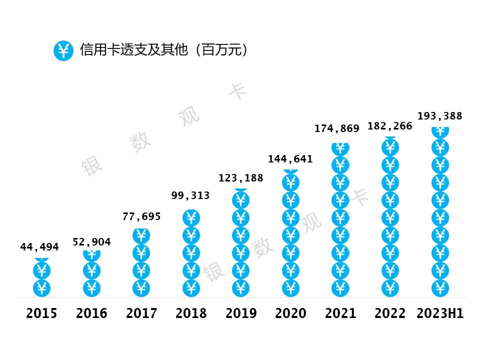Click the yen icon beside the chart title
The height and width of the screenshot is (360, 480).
63,50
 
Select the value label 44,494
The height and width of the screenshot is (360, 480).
39,247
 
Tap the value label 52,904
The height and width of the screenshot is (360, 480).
91,242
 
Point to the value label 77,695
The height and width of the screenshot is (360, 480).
141,216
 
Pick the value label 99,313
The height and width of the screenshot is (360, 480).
190,195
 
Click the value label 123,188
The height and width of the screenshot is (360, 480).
240,177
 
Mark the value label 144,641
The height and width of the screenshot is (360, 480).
290,159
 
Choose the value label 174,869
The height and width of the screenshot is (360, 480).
337,128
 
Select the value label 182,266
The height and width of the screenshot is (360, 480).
390,126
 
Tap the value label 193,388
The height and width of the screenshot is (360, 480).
440,116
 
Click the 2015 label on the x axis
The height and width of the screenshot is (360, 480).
41,313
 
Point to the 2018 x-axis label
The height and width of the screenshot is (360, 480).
191,313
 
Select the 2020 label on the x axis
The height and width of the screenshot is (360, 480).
290,313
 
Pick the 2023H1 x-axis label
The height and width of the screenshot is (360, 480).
440,313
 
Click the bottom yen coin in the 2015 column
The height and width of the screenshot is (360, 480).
41,288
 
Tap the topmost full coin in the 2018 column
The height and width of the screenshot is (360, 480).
191,218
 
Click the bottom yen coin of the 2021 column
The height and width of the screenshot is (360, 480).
340,288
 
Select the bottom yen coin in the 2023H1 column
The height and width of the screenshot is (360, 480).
440,288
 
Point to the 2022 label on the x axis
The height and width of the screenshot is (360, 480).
390,313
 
